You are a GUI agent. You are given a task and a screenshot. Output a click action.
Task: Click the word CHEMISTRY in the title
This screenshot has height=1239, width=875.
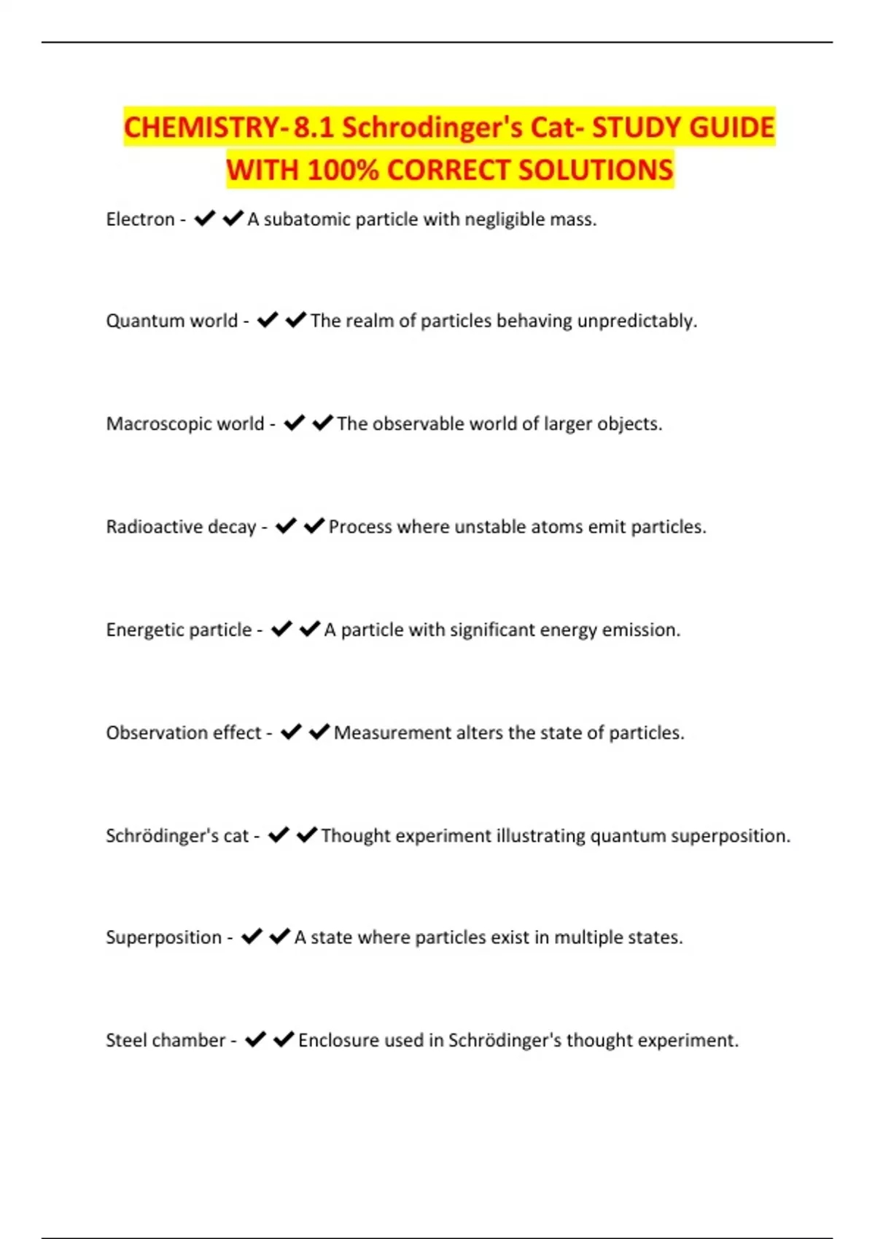click(201, 128)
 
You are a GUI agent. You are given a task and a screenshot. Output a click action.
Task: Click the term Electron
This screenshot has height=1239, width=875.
click(140, 219)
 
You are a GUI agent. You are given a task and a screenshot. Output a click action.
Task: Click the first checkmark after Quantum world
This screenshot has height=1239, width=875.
click(268, 321)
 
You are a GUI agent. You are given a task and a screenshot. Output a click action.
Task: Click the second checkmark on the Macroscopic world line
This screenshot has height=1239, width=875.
click(322, 423)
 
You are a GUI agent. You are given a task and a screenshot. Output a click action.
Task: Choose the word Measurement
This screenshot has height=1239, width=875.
click(392, 732)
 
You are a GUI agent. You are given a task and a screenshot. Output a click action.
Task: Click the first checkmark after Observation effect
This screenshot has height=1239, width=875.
click(291, 732)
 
